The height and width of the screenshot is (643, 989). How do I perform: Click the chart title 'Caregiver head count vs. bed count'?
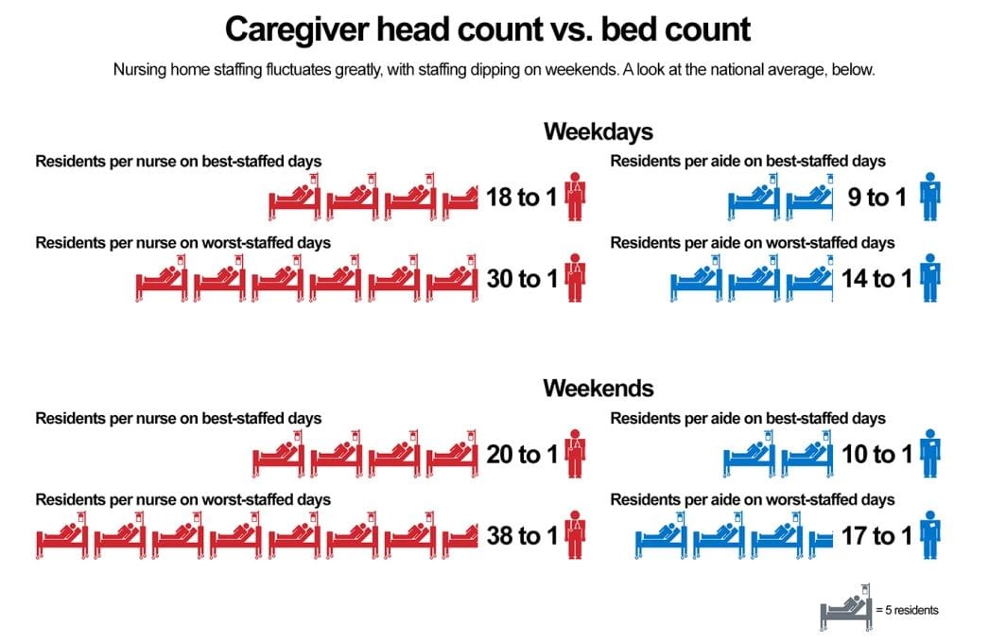click(x=487, y=29)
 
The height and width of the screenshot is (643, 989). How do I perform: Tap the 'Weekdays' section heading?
click(x=598, y=131)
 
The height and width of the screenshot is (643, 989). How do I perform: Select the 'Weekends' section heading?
click(x=598, y=388)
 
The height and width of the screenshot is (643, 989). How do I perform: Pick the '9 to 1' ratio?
click(x=878, y=198)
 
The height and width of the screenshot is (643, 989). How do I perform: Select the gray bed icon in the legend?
click(x=844, y=610)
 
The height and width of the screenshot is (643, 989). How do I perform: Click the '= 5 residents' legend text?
click(x=908, y=611)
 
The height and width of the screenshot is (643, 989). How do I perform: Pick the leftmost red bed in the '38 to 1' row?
click(x=62, y=536)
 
